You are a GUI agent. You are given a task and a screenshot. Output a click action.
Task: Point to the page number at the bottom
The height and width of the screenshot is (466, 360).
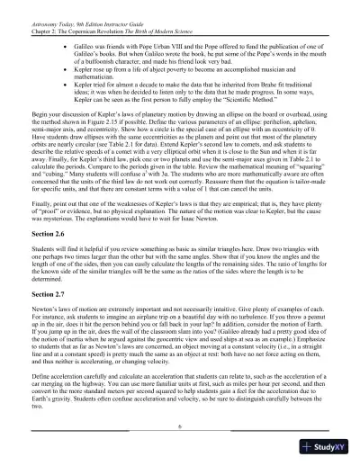click(180, 428)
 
